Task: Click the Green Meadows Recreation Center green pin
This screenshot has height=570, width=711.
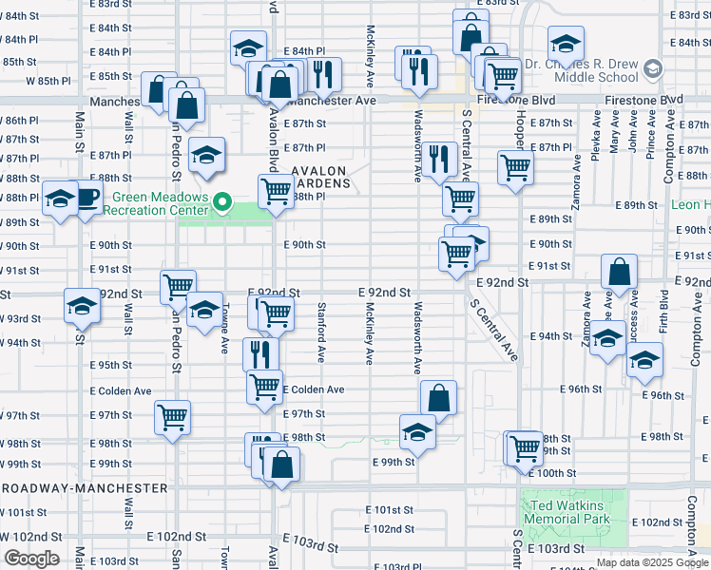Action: [x=222, y=201]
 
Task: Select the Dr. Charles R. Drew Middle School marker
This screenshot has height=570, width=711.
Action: [x=652, y=68]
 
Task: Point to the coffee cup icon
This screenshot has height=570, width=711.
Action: [x=88, y=198]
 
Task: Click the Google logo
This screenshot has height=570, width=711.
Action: [x=31, y=559]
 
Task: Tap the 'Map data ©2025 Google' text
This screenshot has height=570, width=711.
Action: [x=651, y=562]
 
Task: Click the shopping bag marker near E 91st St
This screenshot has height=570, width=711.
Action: [x=619, y=272]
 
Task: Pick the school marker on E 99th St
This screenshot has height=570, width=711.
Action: [x=416, y=433]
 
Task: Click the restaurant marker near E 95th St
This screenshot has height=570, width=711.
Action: [x=260, y=354]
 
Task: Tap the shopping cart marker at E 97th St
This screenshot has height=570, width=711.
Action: [x=173, y=416]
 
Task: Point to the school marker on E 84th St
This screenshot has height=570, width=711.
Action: [x=247, y=48]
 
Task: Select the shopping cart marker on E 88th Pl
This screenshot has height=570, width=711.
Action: [x=276, y=190]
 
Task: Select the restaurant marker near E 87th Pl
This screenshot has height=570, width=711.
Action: [x=438, y=159]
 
